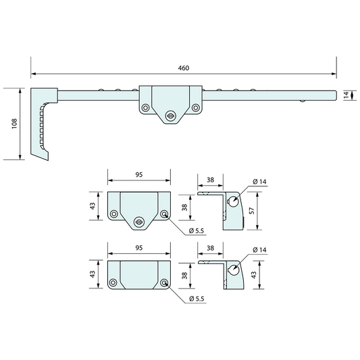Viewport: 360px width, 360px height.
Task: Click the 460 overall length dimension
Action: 184,68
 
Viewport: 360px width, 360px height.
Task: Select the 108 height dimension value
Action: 14,124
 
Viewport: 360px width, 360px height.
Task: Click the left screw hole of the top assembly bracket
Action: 145,107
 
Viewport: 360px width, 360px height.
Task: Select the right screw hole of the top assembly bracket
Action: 196,107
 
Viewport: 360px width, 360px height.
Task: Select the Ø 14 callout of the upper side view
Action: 261,181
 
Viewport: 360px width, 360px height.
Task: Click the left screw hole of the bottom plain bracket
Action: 113,283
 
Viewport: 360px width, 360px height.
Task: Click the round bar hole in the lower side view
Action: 233,269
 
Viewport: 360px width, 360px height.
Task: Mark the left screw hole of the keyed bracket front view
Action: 113,214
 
